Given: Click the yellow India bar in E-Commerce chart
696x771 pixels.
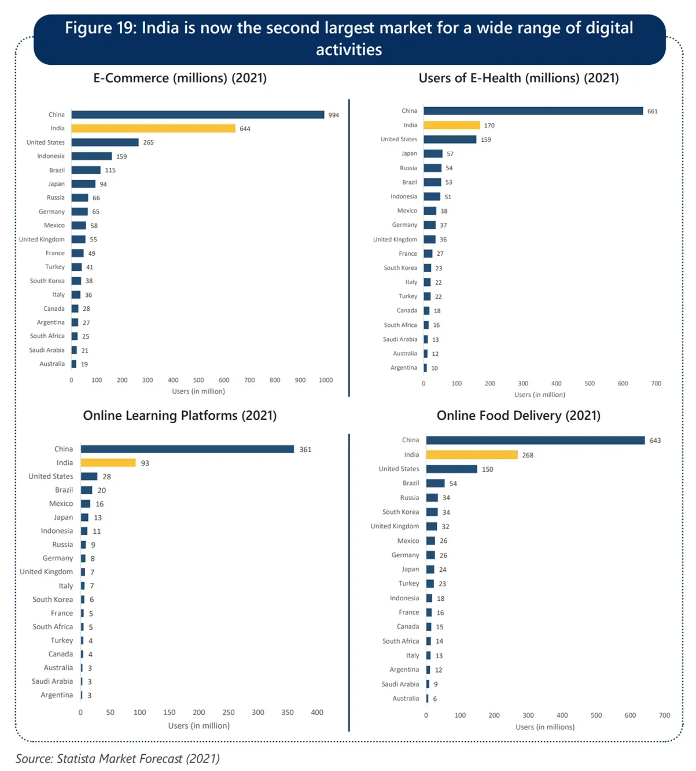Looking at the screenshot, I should (153, 128).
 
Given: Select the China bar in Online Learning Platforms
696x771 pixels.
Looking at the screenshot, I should (187, 449).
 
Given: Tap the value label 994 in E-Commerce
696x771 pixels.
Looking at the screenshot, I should (333, 115).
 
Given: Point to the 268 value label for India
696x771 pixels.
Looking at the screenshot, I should (528, 455).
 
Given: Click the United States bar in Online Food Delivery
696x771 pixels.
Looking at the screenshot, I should (451, 469).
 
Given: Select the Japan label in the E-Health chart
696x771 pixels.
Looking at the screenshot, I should (409, 153).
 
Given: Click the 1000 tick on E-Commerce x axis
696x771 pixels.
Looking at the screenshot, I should (326, 380).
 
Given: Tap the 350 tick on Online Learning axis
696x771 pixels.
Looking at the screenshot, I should (288, 713).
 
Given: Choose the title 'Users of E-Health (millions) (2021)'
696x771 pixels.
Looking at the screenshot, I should (518, 78).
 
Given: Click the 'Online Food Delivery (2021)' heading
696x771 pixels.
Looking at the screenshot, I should (518, 416).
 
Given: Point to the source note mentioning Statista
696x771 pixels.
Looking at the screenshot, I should (117, 758).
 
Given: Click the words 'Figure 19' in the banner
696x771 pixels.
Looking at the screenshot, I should (100, 28).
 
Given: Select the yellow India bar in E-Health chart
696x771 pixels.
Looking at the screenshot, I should (451, 125).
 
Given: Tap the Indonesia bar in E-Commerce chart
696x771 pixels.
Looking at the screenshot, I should (91, 156).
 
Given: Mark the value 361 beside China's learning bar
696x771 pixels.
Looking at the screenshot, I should (305, 450).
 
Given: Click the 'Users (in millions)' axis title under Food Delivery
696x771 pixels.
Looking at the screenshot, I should (545, 727).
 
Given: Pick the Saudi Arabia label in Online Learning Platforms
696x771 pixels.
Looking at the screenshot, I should (52, 681).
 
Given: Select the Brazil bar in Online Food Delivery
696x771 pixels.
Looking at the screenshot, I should (435, 483).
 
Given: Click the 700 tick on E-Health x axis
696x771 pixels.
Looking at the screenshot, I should (656, 383).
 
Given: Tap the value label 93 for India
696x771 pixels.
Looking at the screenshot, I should (145, 463).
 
